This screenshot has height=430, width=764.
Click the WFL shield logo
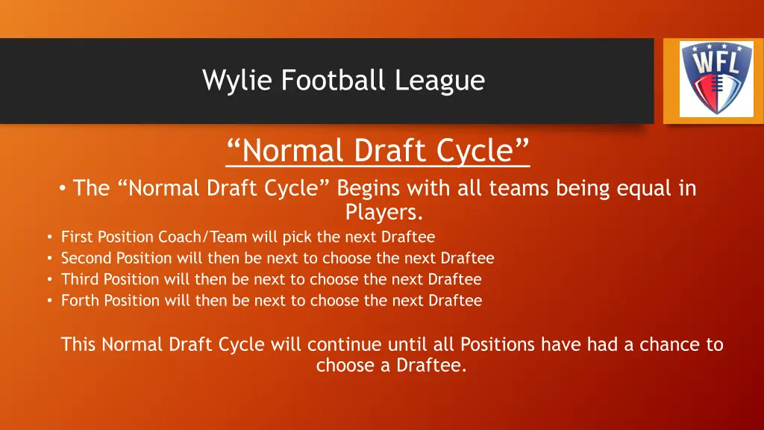[710, 78]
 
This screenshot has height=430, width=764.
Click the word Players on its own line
[384, 213]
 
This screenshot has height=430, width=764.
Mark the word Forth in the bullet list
[80, 301]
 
